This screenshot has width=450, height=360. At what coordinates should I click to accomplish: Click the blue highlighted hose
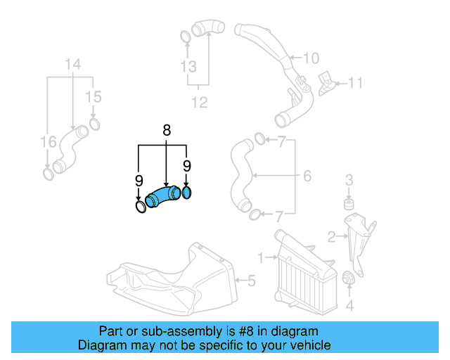click(x=162, y=195)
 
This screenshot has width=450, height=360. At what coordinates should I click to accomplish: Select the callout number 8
click(x=167, y=130)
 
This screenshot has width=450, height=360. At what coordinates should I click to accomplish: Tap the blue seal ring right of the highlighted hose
click(x=187, y=192)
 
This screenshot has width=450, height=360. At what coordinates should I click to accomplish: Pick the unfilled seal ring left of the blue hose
click(x=141, y=207)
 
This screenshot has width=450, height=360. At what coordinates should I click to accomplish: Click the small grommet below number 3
click(x=347, y=205)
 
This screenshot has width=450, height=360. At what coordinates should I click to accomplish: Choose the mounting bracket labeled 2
click(x=362, y=239)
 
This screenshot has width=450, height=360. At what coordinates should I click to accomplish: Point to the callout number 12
click(x=200, y=103)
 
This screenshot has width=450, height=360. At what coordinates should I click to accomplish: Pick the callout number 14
click(x=73, y=66)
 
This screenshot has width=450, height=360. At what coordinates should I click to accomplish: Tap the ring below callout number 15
click(x=94, y=125)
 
